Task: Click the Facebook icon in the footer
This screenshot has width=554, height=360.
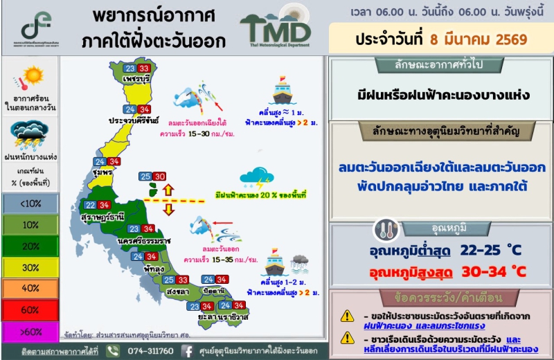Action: [x=187, y=350]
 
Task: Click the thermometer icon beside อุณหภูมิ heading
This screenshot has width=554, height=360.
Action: [x=384, y=230]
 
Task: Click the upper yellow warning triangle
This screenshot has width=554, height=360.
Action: [x=347, y=315]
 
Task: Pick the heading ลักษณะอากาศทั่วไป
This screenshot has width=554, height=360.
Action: [x=440, y=66]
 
